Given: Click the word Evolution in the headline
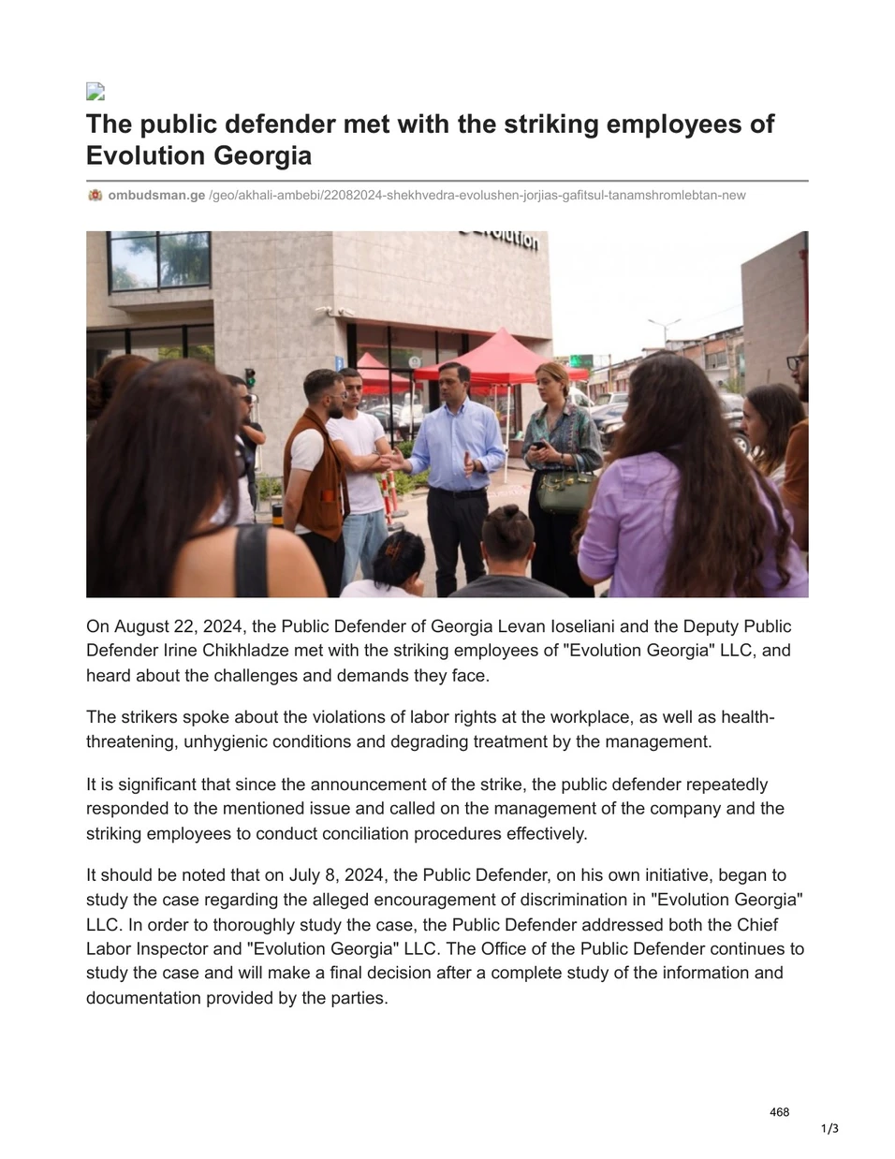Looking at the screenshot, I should (x=141, y=155).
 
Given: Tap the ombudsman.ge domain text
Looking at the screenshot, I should (x=156, y=196).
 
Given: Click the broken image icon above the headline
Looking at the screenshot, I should (x=95, y=91).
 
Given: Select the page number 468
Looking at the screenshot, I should (x=779, y=1112).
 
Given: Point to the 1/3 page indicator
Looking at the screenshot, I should (x=829, y=1129).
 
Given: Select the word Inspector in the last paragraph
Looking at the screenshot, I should (x=171, y=948).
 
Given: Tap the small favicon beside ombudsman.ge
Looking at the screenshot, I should (x=95, y=196).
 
